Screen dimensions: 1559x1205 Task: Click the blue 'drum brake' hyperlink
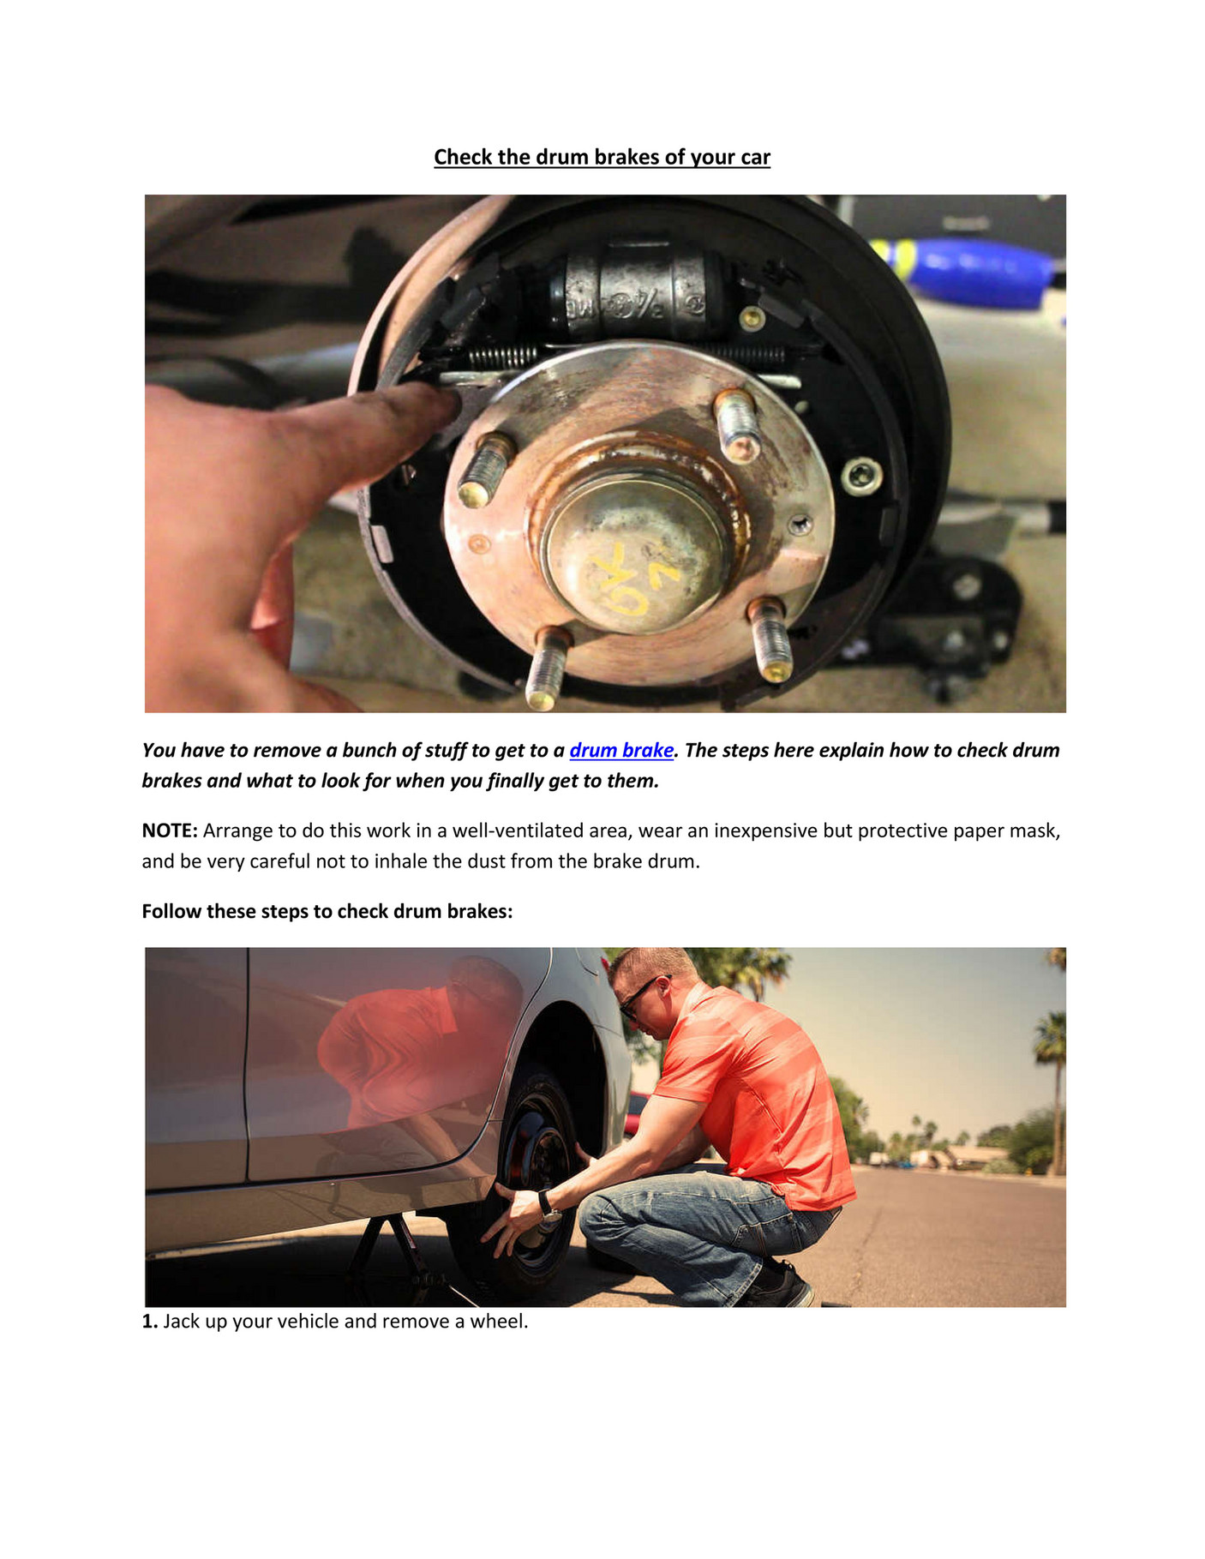(620, 750)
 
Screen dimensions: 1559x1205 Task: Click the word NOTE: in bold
(170, 830)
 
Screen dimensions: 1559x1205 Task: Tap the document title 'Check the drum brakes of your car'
(602, 157)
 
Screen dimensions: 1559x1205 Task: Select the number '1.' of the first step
(150, 1322)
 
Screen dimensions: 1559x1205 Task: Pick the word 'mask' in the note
(1034, 830)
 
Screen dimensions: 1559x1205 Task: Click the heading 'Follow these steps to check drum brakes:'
(327, 911)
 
